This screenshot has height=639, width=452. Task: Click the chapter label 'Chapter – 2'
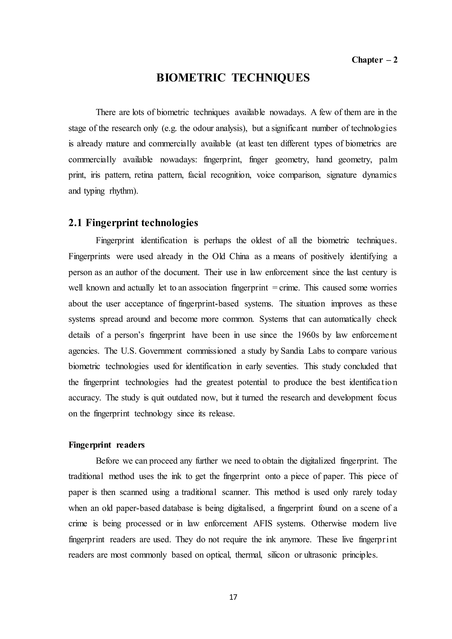pos(374,60)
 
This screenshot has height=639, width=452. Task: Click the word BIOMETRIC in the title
pos(191,78)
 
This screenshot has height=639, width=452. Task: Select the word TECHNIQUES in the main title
pos(271,78)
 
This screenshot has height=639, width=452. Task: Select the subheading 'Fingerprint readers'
pos(106,445)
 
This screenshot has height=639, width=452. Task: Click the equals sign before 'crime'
pos(275,288)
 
